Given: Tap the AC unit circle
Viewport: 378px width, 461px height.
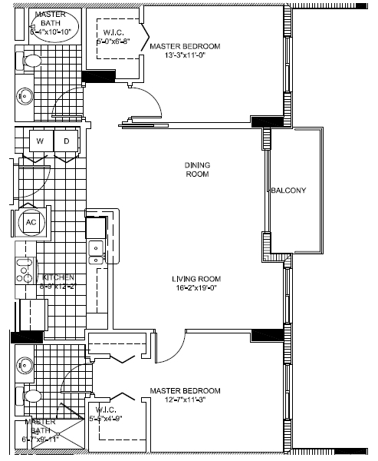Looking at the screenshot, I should tap(31, 222).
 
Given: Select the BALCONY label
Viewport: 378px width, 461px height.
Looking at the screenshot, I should tap(288, 191).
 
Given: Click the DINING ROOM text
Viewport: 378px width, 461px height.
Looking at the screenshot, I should tap(197, 170).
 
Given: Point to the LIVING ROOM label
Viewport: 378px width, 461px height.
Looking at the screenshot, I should tap(199, 279).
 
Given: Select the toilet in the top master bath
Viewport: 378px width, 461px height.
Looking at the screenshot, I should tap(31, 60).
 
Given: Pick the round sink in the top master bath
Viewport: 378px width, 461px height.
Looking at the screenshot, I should tap(24, 97).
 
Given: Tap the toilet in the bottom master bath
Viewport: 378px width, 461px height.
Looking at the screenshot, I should tap(31, 396).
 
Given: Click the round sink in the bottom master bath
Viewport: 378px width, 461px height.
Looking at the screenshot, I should tap(23, 365).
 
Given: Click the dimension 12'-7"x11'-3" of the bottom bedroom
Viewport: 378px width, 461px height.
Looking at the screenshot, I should tap(185, 400).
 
